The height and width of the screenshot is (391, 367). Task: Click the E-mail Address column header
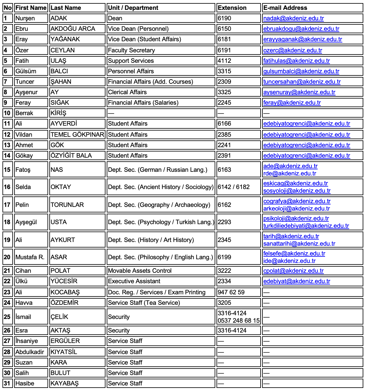click(285, 8)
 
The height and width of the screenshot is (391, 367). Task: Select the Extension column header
click(232, 8)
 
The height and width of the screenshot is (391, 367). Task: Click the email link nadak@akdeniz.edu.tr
click(293, 18)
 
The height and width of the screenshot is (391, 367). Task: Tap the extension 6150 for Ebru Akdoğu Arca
click(224, 29)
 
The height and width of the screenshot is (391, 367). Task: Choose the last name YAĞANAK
click(65, 39)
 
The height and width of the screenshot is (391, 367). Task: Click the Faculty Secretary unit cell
click(131, 50)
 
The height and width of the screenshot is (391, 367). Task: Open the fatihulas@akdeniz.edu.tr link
click(296, 61)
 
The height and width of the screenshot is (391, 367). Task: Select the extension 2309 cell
click(224, 82)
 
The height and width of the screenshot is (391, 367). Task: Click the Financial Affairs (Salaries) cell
click(143, 103)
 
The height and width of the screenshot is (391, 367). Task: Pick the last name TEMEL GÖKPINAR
click(77, 135)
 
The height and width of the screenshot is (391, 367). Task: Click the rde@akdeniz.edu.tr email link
click(290, 173)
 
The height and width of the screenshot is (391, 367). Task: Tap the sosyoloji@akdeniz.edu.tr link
click(297, 191)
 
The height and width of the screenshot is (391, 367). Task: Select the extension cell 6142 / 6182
click(233, 187)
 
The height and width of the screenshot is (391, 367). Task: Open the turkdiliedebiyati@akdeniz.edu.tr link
click(306, 226)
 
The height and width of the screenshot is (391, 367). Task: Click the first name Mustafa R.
click(30, 257)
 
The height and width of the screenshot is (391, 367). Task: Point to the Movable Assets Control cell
click(139, 271)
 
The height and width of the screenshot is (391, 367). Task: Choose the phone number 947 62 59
click(231, 292)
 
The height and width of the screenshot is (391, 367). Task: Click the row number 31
click(7, 383)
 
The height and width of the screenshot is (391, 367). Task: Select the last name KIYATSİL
click(64, 352)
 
